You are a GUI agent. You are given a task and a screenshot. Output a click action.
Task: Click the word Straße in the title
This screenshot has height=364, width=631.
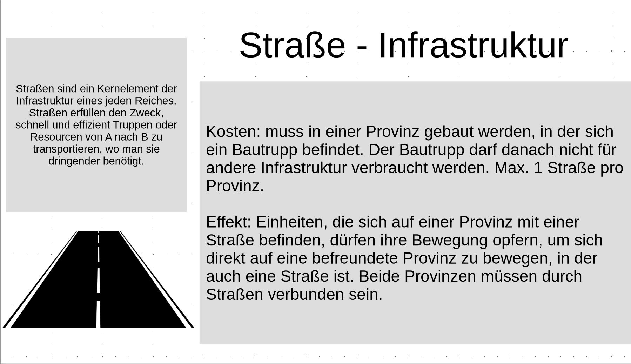pos(292,45)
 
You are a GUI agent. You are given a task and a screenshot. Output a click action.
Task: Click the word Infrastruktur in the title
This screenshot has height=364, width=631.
pos(473,45)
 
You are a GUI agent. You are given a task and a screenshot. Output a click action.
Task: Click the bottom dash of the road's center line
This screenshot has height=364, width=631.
pos(99,314)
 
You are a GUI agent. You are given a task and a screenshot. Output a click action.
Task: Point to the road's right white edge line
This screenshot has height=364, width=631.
pos(156,279)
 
